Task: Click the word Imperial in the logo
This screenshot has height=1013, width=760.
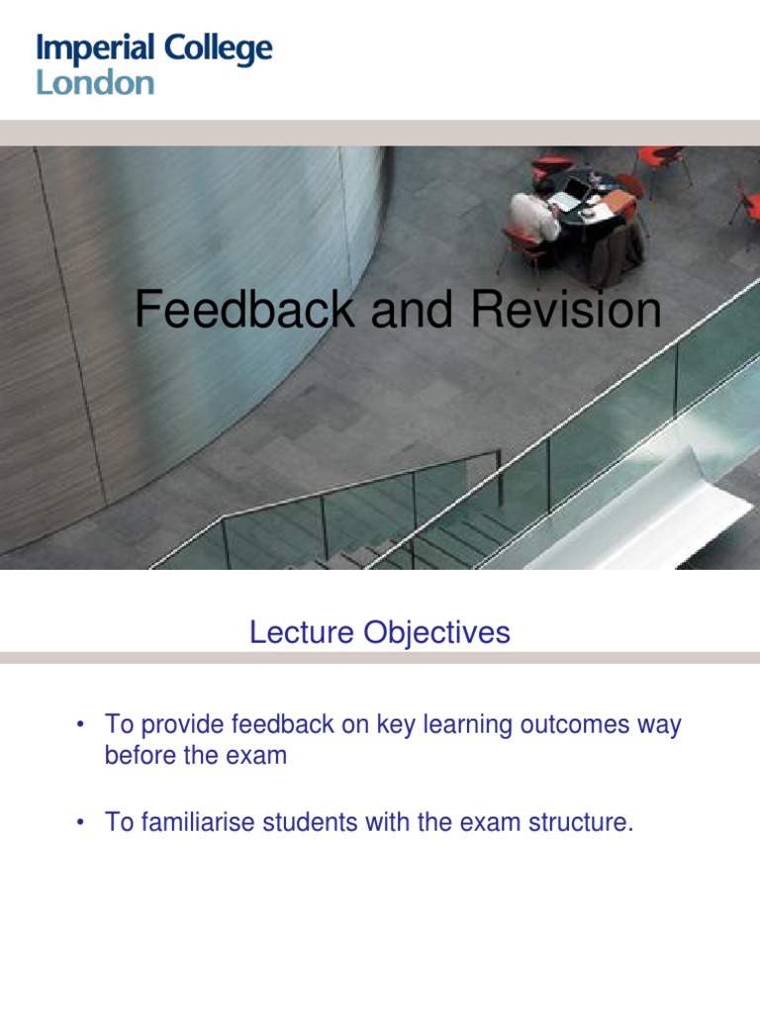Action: (95, 49)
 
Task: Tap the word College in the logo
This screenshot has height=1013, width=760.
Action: (218, 49)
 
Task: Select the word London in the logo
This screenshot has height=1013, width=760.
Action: (95, 83)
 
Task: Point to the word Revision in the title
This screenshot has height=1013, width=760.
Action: (566, 309)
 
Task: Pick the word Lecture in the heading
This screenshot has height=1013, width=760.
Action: (302, 632)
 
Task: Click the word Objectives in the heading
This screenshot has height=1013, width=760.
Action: (436, 633)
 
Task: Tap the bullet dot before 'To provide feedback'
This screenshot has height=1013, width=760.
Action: (80, 724)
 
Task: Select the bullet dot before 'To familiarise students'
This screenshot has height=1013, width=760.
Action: (80, 822)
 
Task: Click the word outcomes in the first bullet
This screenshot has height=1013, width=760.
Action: (575, 725)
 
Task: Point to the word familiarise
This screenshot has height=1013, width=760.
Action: (198, 822)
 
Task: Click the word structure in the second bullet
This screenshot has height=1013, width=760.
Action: (581, 822)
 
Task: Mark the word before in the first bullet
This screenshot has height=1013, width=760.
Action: (141, 755)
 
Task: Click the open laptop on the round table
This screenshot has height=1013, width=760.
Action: (571, 193)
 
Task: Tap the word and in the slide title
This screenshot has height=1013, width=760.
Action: (412, 309)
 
